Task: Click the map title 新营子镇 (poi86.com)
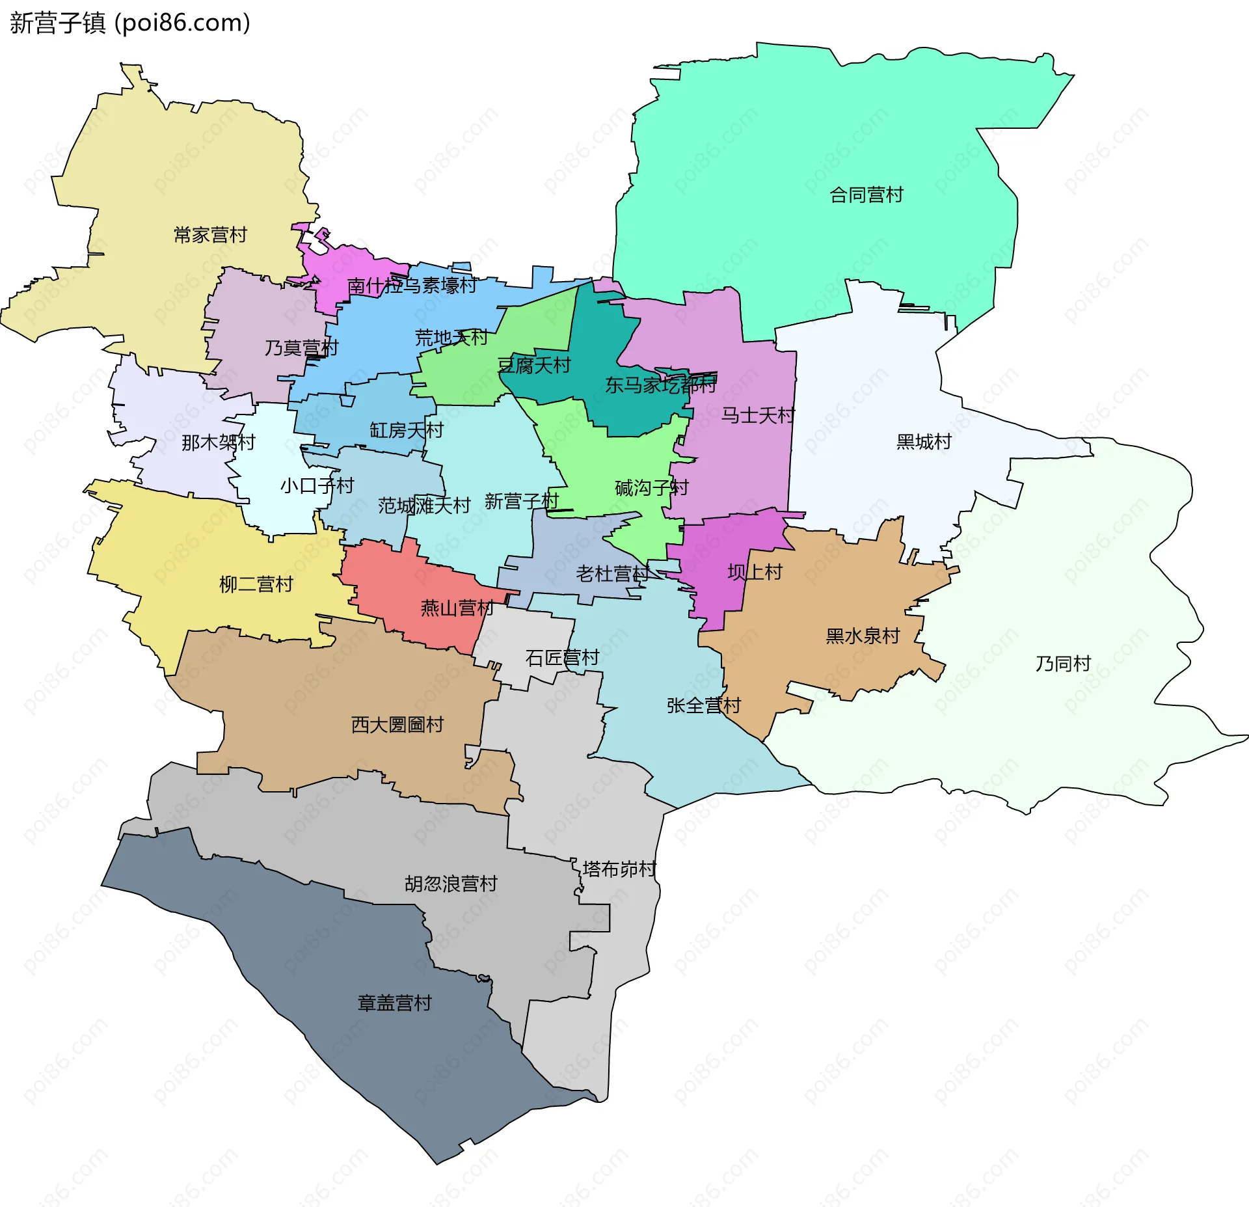tap(130, 23)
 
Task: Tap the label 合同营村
tap(866, 195)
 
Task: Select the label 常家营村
tap(210, 235)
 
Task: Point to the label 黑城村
tap(923, 442)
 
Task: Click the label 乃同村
tap(1062, 664)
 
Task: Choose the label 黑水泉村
tap(862, 636)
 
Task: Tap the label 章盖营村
tap(394, 1003)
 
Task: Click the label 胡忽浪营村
tap(450, 884)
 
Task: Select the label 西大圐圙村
tap(397, 725)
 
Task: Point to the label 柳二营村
tap(256, 584)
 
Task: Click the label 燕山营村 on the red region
tap(457, 608)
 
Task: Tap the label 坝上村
tap(755, 573)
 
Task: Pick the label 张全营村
tap(703, 705)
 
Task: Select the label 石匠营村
tap(561, 658)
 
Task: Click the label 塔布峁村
tap(619, 869)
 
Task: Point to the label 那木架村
tap(218, 442)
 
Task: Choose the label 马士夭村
tap(757, 415)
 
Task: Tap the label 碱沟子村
tap(651, 488)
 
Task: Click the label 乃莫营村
tap(301, 348)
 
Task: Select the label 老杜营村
tap(612, 574)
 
